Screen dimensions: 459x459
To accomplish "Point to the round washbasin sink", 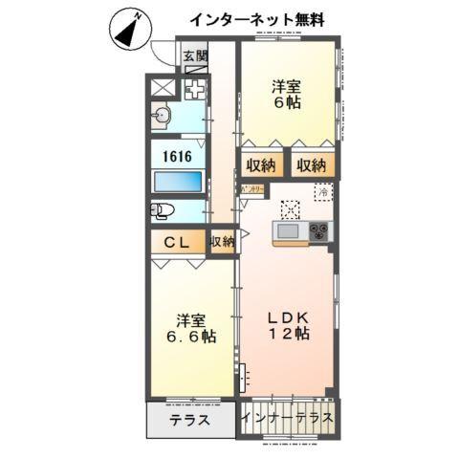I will tap(160, 119).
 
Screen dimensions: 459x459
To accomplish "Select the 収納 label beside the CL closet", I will tap(220, 242).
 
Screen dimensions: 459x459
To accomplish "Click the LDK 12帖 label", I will tap(287, 325).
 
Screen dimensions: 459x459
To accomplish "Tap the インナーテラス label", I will tap(287, 418).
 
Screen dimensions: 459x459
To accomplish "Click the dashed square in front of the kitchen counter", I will tap(290, 208).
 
